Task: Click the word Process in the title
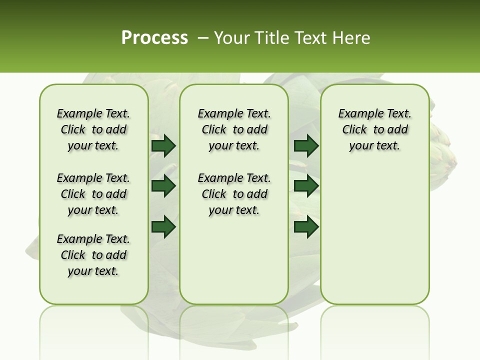click(154, 38)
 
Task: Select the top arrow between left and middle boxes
click(163, 146)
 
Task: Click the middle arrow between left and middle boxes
click(163, 186)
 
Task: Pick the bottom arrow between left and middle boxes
click(163, 227)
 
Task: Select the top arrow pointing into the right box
click(306, 146)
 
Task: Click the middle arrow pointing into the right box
click(306, 186)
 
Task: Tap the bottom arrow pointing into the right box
click(306, 227)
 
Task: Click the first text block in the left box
click(93, 129)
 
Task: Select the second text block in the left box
click(93, 194)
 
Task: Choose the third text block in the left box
click(93, 255)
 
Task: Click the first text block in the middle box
click(234, 129)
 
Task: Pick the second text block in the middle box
click(234, 194)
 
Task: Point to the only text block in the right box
click(374, 129)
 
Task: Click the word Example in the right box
click(358, 114)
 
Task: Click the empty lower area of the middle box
click(234, 260)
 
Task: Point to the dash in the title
click(203, 38)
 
